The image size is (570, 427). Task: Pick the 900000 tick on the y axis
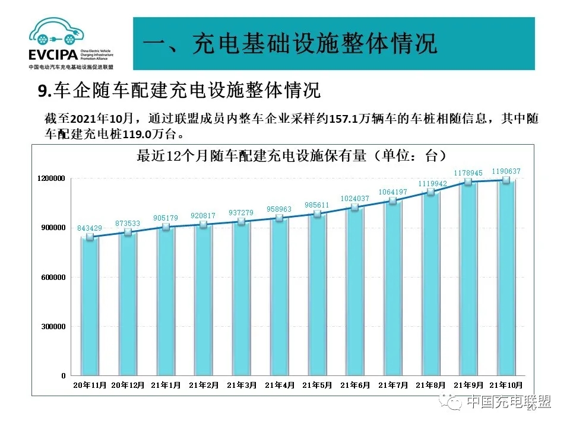click(x=54, y=228)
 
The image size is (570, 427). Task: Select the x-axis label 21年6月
click(x=356, y=385)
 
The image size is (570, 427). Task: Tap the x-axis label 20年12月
click(x=128, y=385)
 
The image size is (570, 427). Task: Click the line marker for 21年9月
click(x=468, y=182)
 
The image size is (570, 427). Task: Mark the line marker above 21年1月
click(x=166, y=227)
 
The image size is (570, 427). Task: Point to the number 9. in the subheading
click(x=45, y=91)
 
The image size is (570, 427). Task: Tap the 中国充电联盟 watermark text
click(x=509, y=402)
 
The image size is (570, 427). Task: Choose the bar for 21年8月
click(x=430, y=284)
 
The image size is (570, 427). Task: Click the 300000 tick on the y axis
click(x=54, y=326)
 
